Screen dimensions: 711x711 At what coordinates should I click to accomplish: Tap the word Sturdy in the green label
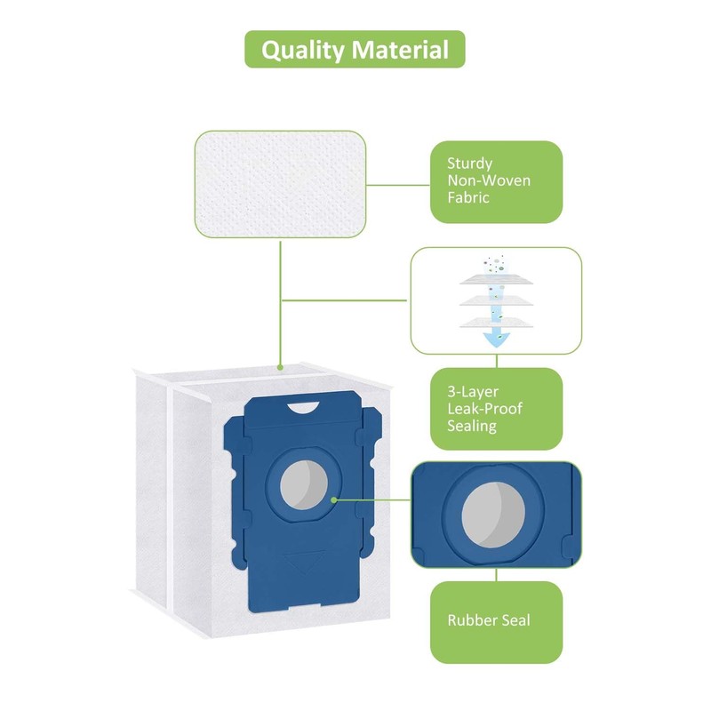pos(470,164)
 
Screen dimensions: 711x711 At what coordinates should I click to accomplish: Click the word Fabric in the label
pos(468,197)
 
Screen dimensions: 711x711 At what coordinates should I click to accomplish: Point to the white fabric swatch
pos(282,184)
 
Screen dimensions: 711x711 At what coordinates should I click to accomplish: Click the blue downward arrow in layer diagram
pos(495,336)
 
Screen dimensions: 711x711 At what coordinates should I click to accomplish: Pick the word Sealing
pos(472,427)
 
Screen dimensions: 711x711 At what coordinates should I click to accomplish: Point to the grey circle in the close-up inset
pos(495,514)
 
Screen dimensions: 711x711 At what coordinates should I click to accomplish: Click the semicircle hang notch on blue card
pos(302,407)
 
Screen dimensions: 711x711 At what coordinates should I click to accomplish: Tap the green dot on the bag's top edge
pos(281,367)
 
